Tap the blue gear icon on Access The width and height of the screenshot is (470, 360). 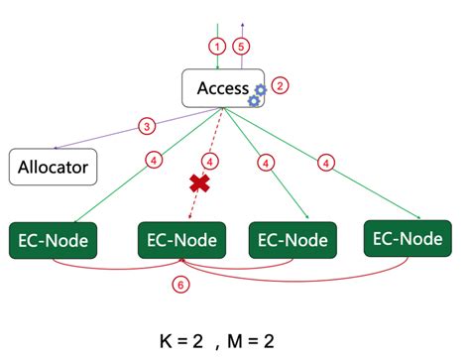tap(257, 95)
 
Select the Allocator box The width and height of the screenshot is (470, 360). tap(54, 166)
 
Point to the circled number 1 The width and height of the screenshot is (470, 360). tap(216, 46)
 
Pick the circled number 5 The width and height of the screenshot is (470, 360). tap(240, 46)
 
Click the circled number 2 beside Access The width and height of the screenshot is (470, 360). tap(280, 85)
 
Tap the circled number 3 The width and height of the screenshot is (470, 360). tap(147, 126)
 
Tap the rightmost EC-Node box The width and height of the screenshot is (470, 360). tap(409, 238)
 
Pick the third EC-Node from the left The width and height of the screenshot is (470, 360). tap(292, 240)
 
